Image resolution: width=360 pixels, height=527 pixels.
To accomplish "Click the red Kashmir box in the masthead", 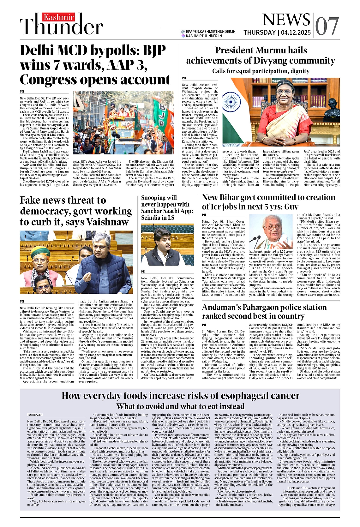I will [x=58, y=17].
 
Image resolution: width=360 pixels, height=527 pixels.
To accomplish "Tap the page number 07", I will [x=327, y=26].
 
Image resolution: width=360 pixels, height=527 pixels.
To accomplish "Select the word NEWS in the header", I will [x=286, y=20].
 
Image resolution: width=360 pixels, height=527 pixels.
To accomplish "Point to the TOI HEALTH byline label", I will [x=35, y=415].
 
